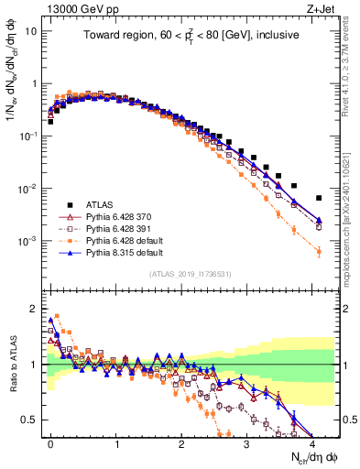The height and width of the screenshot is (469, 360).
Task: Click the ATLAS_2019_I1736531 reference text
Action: point(191,274)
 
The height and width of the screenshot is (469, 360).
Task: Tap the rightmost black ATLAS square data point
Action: point(319,198)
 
